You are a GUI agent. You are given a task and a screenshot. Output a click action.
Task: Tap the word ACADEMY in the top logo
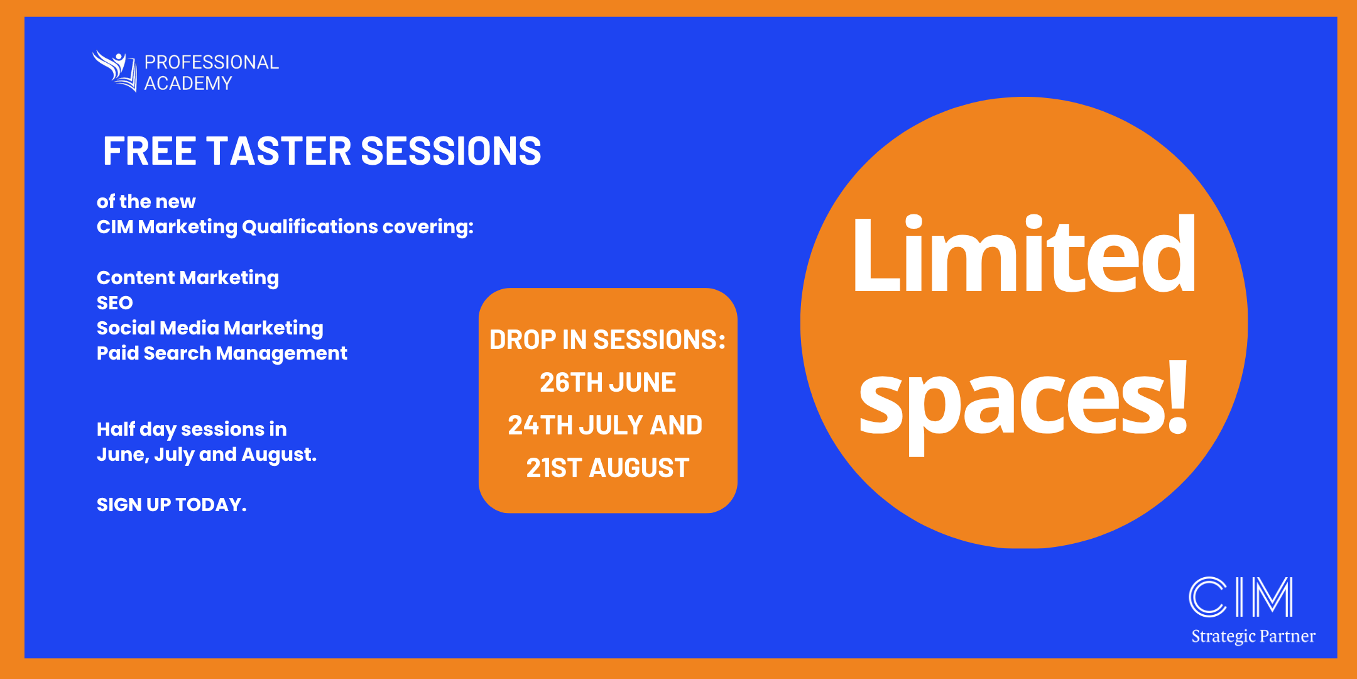click(x=188, y=84)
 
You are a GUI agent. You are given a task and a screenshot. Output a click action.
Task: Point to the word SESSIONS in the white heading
click(x=450, y=152)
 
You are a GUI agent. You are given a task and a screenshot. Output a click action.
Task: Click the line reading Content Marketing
click(x=187, y=278)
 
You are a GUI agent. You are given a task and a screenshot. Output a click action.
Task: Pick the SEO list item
click(x=114, y=303)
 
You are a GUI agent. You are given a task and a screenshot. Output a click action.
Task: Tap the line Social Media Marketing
click(x=210, y=328)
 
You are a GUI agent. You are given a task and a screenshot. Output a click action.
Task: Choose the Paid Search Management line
click(x=221, y=353)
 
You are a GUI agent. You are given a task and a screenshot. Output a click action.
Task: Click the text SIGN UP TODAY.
click(x=171, y=505)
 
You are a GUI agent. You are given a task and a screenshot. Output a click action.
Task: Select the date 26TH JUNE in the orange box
click(x=607, y=383)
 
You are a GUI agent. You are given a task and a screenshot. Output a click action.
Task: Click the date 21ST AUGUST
click(x=607, y=468)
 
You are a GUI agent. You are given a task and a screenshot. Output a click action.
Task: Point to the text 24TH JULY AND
click(x=604, y=426)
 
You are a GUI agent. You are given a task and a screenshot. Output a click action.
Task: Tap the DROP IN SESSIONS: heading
click(x=607, y=340)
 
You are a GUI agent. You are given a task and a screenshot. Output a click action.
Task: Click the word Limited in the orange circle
click(x=1024, y=255)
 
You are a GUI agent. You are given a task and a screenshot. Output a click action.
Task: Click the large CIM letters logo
click(x=1240, y=597)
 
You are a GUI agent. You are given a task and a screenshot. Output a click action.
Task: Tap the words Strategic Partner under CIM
click(x=1253, y=636)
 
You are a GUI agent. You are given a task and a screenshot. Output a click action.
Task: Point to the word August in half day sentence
click(x=278, y=455)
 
